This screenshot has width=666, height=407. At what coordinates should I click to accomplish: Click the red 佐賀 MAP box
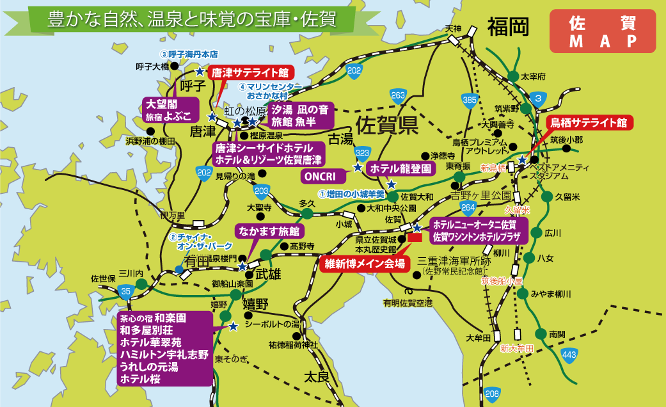click(x=602, y=31)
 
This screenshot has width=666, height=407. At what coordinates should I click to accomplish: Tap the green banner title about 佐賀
click(x=192, y=19)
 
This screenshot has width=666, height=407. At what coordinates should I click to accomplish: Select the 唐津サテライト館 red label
click(x=250, y=72)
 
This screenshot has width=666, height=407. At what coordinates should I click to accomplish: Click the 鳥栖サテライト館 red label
click(x=589, y=122)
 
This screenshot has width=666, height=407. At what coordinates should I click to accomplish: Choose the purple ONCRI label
click(x=323, y=176)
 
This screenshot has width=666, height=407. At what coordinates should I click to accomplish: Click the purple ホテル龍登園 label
click(x=400, y=168)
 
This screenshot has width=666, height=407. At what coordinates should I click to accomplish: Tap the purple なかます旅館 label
click(x=269, y=230)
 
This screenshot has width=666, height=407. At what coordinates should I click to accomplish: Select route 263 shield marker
click(x=398, y=95)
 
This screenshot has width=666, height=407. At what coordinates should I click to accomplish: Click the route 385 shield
click(x=470, y=99)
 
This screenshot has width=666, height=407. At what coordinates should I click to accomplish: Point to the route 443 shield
click(x=569, y=355)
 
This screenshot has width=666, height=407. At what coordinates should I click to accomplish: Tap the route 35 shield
click(x=125, y=292)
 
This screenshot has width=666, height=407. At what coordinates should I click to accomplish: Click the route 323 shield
click(x=362, y=152)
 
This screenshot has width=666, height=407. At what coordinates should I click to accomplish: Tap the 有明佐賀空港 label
click(x=408, y=302)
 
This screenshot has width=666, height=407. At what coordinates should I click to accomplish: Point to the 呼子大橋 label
click(x=152, y=66)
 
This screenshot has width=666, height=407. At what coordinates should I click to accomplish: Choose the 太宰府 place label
click(x=533, y=76)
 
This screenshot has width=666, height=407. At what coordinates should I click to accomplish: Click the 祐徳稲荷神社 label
click(x=292, y=345)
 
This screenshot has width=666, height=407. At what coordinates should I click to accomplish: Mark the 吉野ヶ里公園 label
click(x=481, y=194)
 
